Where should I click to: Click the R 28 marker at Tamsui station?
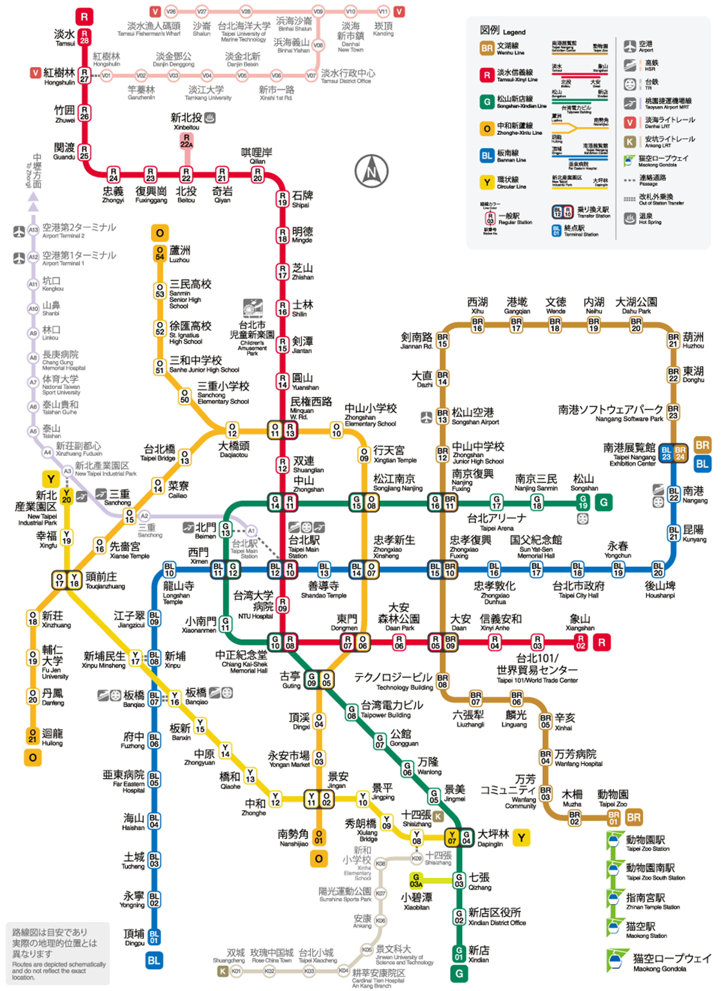pyautogui.click(x=84, y=37)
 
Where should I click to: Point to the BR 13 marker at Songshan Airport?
pyautogui.click(x=442, y=416)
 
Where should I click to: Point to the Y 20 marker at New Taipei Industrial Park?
pyautogui.click(x=66, y=496)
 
